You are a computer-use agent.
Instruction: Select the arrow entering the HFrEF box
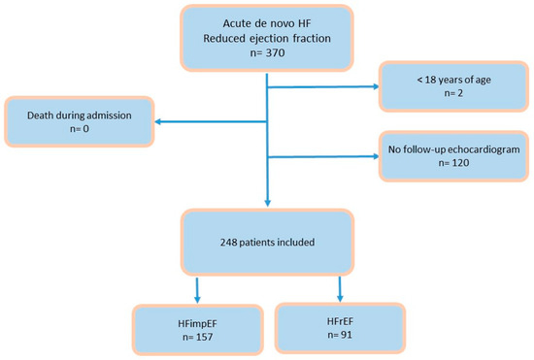340,289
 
